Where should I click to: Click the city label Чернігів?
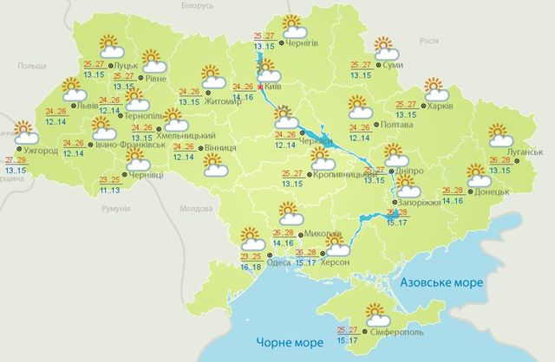(313, 44)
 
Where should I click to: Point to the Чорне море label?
(281, 341)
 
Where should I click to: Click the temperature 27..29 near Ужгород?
(15, 161)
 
